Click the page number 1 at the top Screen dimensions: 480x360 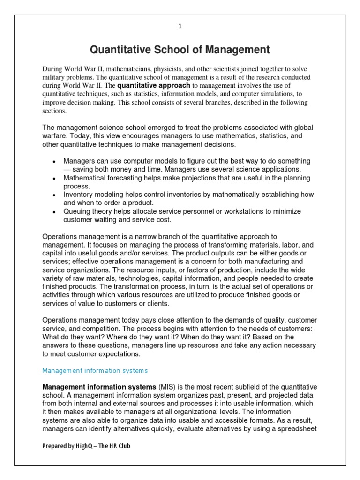pyautogui.click(x=180, y=27)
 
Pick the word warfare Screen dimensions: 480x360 pyautogui.click(x=56, y=136)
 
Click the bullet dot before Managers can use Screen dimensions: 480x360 pyautogui.click(x=54, y=161)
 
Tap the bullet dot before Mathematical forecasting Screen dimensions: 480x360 pyautogui.click(x=54, y=179)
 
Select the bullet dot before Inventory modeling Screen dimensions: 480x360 pyautogui.click(x=54, y=195)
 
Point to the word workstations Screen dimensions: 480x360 pyautogui.click(x=243, y=212)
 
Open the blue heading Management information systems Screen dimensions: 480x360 pyautogui.click(x=95, y=371)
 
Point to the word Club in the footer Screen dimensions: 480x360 pyautogui.click(x=124, y=446)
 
